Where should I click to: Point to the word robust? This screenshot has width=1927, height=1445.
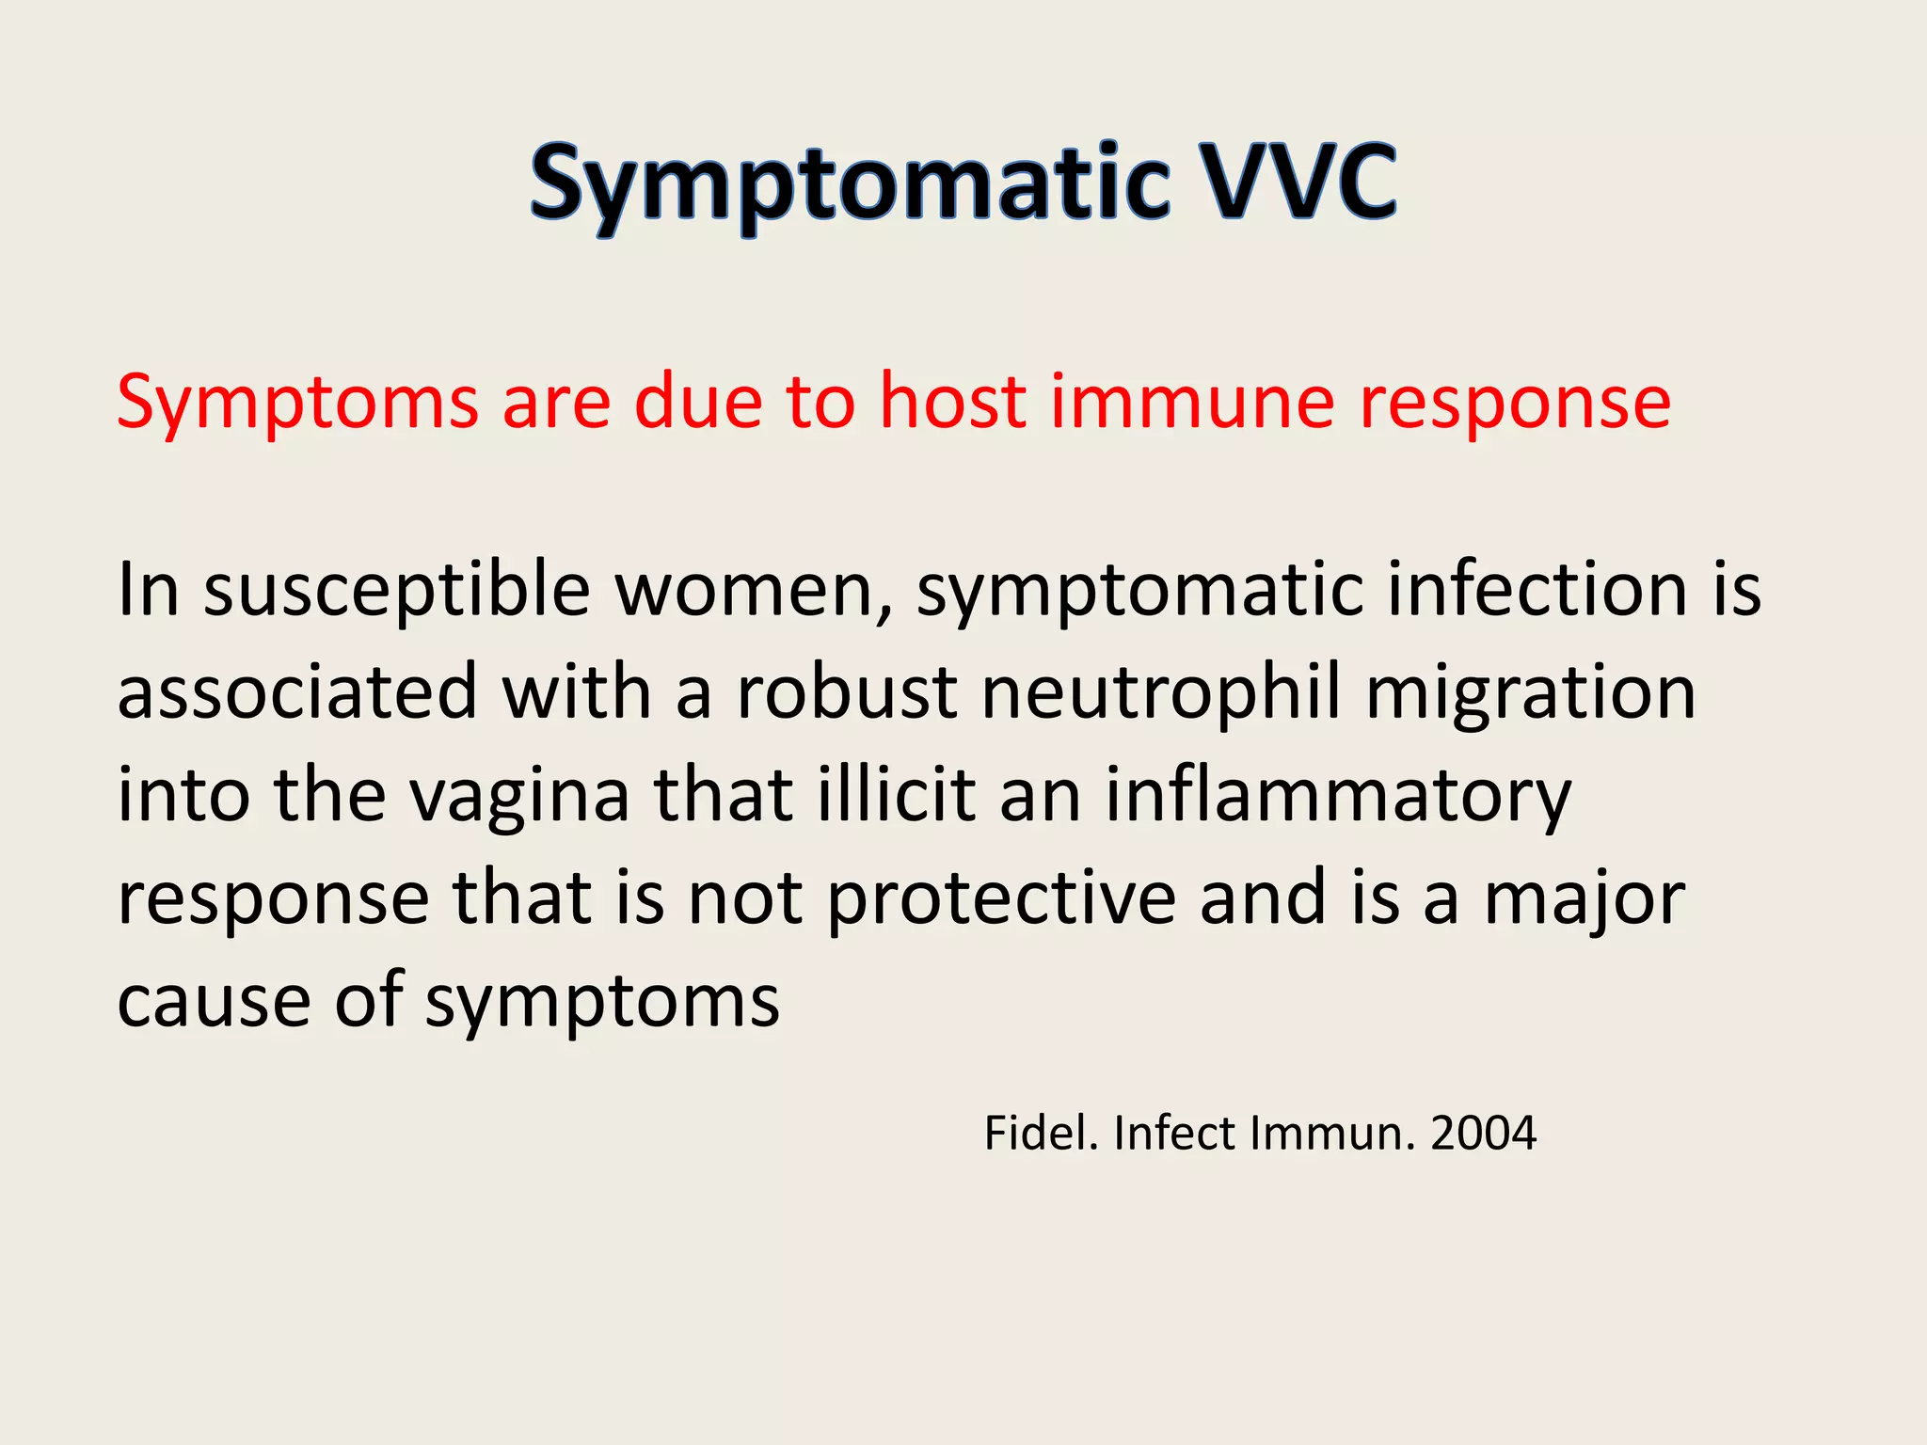point(847,692)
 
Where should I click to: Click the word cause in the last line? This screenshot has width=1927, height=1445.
point(213,1001)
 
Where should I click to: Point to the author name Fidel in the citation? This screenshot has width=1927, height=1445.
point(1041,1133)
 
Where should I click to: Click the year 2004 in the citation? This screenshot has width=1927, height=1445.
point(1483,1133)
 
